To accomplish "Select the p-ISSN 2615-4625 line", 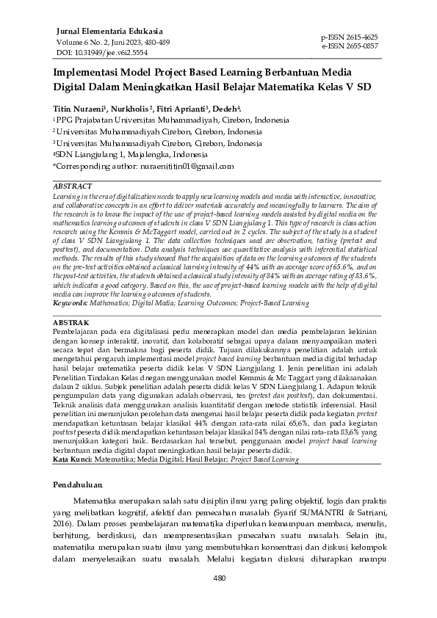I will pos(350,37).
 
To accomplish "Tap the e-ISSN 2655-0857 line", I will pos(350,46).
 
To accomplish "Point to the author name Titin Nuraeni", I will pos(79,109).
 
